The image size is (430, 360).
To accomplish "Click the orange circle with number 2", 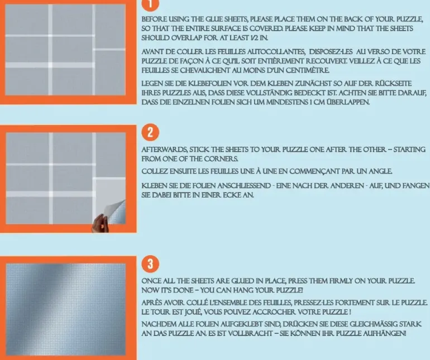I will coord(151,133).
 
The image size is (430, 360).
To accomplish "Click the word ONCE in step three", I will coord(152,279).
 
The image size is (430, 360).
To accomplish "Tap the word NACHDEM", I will coord(160,324).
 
